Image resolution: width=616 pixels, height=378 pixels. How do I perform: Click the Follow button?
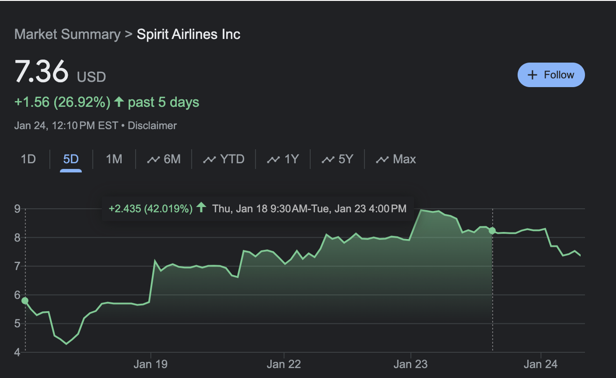coord(551,75)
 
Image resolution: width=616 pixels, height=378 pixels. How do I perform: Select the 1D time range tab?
coord(28,159)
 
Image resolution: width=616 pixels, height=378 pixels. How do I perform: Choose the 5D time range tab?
coord(71,159)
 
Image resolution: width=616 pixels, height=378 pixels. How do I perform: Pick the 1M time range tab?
coord(114,159)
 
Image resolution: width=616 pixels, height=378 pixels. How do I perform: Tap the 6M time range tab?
coord(164,159)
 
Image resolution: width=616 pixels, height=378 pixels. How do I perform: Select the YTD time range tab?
coord(224,159)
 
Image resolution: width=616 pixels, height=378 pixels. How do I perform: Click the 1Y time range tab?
coord(283,159)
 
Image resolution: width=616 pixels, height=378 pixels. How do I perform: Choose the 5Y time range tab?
coord(338,159)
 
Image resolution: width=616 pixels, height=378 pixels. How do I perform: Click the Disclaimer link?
coord(152,126)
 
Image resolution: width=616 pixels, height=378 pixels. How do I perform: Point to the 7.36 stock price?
coord(41,72)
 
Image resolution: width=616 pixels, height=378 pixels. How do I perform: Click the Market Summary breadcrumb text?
coord(67,34)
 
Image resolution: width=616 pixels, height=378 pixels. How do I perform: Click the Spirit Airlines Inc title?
coord(189,34)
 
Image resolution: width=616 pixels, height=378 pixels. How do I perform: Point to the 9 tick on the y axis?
coord(17,209)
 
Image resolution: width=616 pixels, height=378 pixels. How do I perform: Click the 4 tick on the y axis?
coord(17,352)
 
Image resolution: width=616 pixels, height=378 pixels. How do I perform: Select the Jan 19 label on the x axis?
coord(150,364)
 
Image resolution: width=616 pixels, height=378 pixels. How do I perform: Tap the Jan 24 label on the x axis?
coord(541,364)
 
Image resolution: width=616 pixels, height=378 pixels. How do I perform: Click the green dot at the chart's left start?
coord(25,301)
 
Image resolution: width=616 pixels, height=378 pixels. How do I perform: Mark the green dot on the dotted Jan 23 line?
coord(493,231)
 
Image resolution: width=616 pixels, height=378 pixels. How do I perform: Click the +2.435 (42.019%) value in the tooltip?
coord(151,208)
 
